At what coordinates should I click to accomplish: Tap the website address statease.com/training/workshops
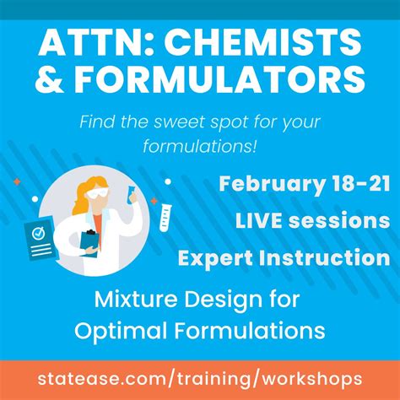(200, 377)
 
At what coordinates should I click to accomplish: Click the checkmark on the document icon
(37, 230)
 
